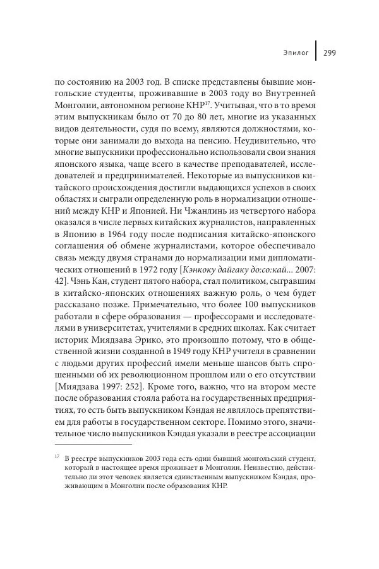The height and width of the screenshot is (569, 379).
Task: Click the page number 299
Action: (x=329, y=53)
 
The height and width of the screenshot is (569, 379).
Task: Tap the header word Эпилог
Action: (x=296, y=53)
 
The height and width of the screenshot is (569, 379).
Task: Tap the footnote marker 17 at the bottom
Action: (x=57, y=455)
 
